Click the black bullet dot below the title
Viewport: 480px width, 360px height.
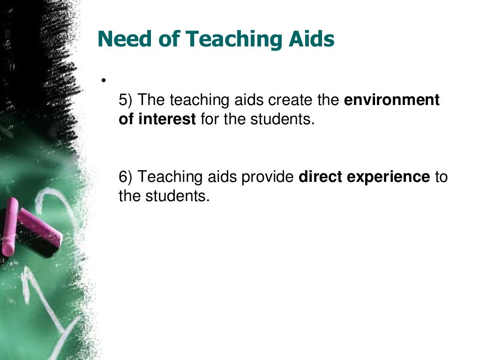tap(101, 80)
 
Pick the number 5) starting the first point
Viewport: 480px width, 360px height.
tap(126, 100)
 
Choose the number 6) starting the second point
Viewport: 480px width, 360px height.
tap(126, 177)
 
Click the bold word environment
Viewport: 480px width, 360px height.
tap(392, 100)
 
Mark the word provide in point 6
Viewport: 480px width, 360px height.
tap(270, 177)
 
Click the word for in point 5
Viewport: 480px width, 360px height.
tap(210, 120)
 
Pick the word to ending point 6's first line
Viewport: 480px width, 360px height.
tap(441, 177)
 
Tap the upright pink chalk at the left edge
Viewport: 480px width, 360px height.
tap(9, 227)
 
